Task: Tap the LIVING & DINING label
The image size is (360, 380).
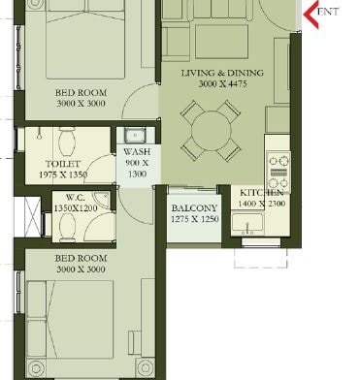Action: coord(222,73)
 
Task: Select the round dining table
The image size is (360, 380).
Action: coord(212,131)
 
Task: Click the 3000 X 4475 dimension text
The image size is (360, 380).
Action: coord(222,84)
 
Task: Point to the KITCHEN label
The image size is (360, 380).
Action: coord(262,193)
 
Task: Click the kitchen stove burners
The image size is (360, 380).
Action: coord(278,172)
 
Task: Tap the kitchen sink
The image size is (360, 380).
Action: coord(247,223)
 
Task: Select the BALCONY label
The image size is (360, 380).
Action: coord(194,208)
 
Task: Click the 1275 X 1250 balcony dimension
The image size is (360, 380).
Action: coord(195,219)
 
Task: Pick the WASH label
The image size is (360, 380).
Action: coord(137,151)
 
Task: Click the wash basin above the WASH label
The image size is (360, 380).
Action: coord(136,135)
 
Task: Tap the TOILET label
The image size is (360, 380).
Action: coord(63,164)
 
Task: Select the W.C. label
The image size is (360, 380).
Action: coord(75,197)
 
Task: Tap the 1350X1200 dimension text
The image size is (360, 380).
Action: coord(76,208)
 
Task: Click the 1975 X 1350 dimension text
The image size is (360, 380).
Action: coord(63,174)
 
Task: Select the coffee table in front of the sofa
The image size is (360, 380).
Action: coord(221,38)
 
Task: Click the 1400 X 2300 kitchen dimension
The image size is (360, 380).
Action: coord(262,204)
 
